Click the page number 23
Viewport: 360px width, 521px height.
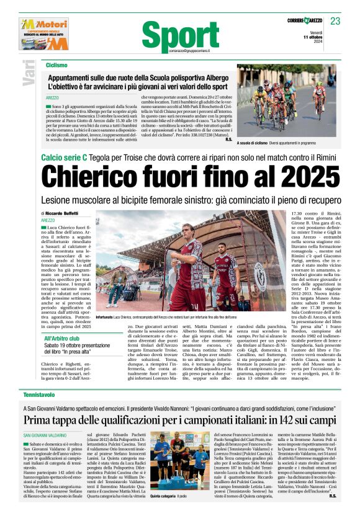(335, 21)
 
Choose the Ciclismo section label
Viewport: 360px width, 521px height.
(56, 65)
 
